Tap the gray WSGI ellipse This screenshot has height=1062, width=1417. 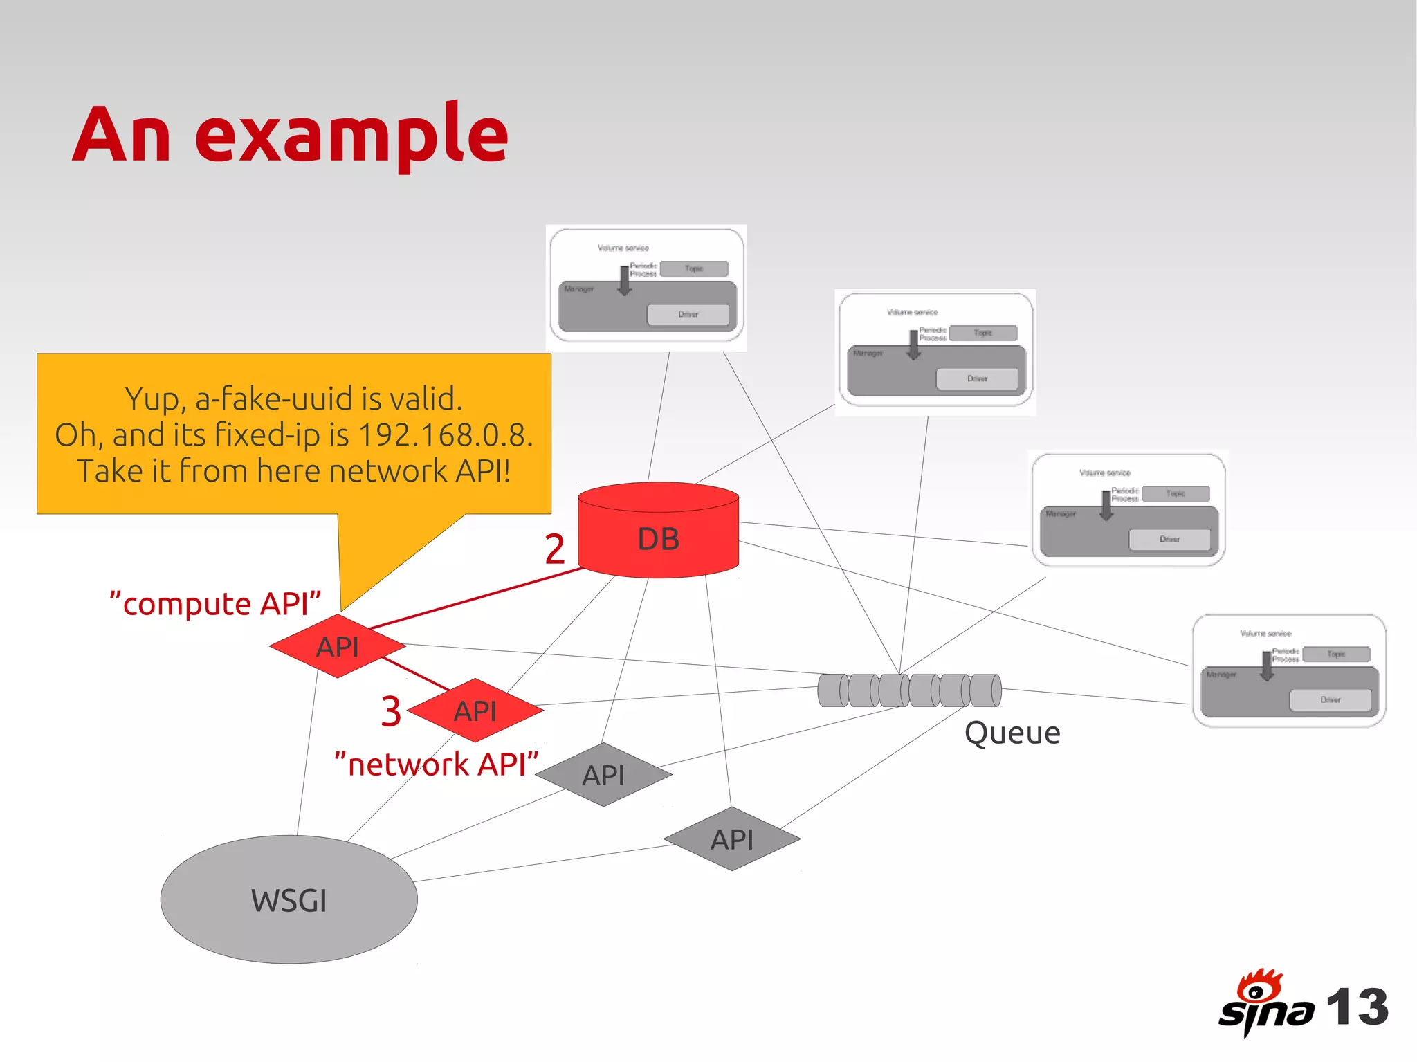coord(289,899)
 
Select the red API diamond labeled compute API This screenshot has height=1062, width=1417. coord(337,646)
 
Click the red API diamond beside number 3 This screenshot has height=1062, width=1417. coord(475,710)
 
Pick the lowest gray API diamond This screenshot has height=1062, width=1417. coord(732,839)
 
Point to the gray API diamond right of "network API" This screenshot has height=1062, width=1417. coord(603,774)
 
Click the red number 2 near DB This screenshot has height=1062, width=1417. coord(554,549)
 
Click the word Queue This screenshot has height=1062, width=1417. coord(1012,733)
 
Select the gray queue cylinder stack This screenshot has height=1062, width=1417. coord(909,690)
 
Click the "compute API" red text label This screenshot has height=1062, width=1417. coord(215,603)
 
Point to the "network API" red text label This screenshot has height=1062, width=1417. coord(436,765)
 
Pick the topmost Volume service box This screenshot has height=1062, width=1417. coord(646,289)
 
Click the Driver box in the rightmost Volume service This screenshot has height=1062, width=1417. coord(1330,699)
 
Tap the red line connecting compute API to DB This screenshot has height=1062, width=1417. coord(477,598)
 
